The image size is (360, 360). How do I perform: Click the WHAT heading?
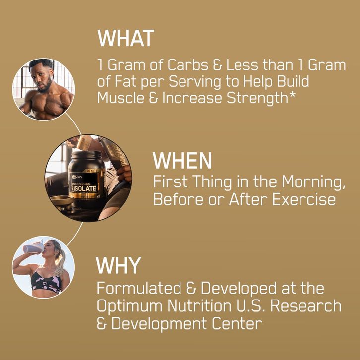[x=125, y=38]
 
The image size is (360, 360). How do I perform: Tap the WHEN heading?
[x=182, y=161]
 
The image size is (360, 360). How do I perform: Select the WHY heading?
[x=118, y=265]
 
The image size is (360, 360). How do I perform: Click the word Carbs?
[x=187, y=65]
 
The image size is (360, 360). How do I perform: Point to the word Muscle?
[x=121, y=98]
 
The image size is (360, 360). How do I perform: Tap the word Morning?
[x=313, y=182]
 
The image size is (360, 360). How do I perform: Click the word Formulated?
[x=139, y=288]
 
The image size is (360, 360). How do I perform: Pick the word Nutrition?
[x=199, y=306]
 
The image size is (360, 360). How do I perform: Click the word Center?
[x=237, y=323]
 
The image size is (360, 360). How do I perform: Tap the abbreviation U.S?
[x=250, y=306]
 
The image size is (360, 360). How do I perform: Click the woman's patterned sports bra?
[x=47, y=282]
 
